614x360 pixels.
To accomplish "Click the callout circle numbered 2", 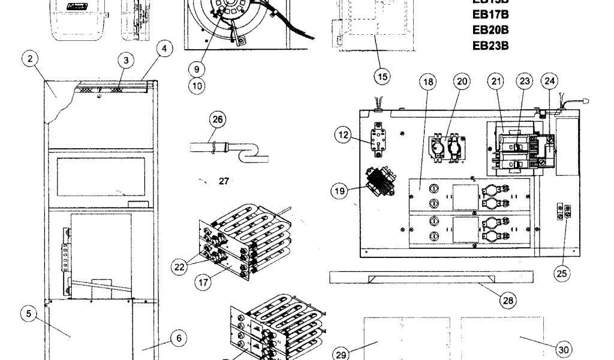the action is [29, 59].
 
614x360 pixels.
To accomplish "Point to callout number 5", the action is [28, 313].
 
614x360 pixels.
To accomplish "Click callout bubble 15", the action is [382, 76].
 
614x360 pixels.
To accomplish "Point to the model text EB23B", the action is [490, 46].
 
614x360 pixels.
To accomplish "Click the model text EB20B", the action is [490, 29].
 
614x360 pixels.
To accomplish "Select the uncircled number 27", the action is [224, 181].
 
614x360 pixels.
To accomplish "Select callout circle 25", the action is [561, 274].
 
